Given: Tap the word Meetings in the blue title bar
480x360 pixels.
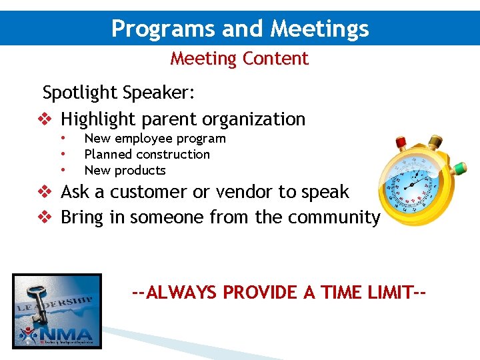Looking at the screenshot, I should pyautogui.click(x=319, y=29).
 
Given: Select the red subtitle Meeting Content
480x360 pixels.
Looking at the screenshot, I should pyautogui.click(x=239, y=59).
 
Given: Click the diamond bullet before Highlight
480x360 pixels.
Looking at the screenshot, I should pyautogui.click(x=43, y=120).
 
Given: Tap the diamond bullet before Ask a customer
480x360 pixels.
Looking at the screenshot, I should pyautogui.click(x=43, y=192).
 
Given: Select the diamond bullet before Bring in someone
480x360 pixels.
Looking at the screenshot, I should pyautogui.click(x=43, y=218).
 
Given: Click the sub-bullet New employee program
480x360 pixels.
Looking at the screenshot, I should pyautogui.click(x=155, y=139).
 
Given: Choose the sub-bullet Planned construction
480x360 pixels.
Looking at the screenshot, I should pyautogui.click(x=147, y=155).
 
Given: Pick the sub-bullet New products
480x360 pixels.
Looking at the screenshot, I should pyautogui.click(x=125, y=171).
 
